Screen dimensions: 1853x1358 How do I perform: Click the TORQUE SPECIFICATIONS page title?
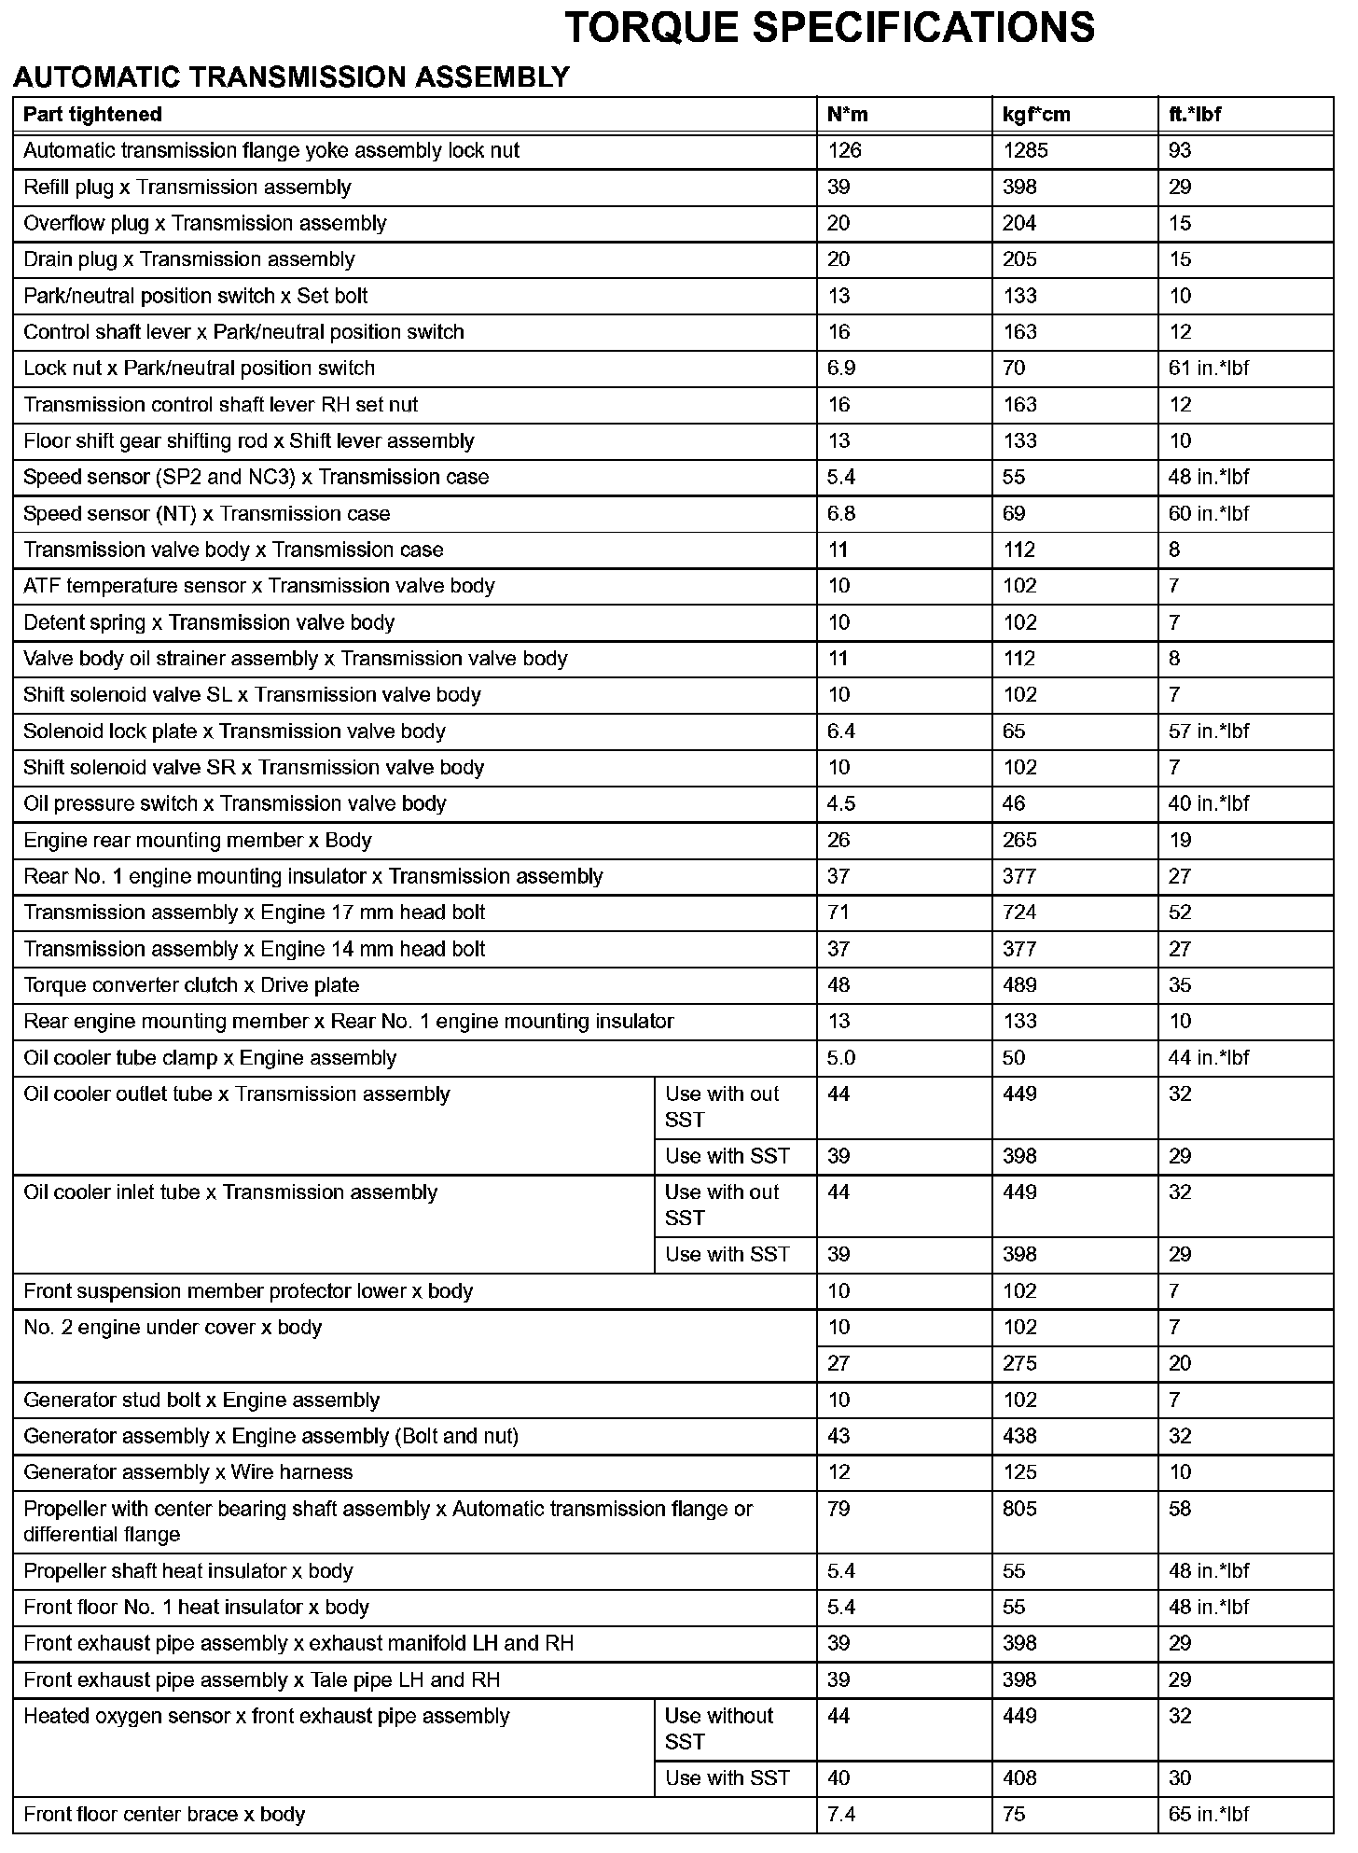(x=829, y=28)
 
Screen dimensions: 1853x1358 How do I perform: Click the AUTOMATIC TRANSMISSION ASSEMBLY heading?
(x=291, y=77)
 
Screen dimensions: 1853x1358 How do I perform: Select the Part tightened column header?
(x=92, y=115)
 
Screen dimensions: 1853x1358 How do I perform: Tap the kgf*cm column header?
(x=1036, y=115)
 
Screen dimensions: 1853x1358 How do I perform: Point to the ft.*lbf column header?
(x=1195, y=115)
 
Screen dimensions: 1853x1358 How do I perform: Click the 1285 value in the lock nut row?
(x=1025, y=151)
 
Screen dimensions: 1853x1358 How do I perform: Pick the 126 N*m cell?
(x=844, y=151)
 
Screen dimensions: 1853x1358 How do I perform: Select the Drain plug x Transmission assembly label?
(x=189, y=259)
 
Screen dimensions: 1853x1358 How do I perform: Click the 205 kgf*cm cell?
(x=1019, y=259)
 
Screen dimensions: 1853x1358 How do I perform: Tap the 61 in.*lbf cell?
(x=1208, y=369)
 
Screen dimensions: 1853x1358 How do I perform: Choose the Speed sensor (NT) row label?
(x=207, y=514)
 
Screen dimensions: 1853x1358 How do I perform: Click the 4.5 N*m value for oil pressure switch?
(x=841, y=804)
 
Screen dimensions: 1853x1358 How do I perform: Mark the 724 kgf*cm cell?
(x=1019, y=913)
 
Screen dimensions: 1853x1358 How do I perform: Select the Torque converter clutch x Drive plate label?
(x=191, y=985)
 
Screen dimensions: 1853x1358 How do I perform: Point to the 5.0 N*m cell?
(x=841, y=1058)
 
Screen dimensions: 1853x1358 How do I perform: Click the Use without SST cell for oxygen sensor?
(x=719, y=1729)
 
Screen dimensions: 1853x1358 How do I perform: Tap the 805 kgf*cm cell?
(x=1019, y=1509)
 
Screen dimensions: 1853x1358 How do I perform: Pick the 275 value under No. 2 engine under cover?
(x=1019, y=1364)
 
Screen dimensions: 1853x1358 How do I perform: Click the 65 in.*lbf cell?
(x=1208, y=1815)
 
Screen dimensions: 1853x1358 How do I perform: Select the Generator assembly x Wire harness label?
(x=188, y=1472)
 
